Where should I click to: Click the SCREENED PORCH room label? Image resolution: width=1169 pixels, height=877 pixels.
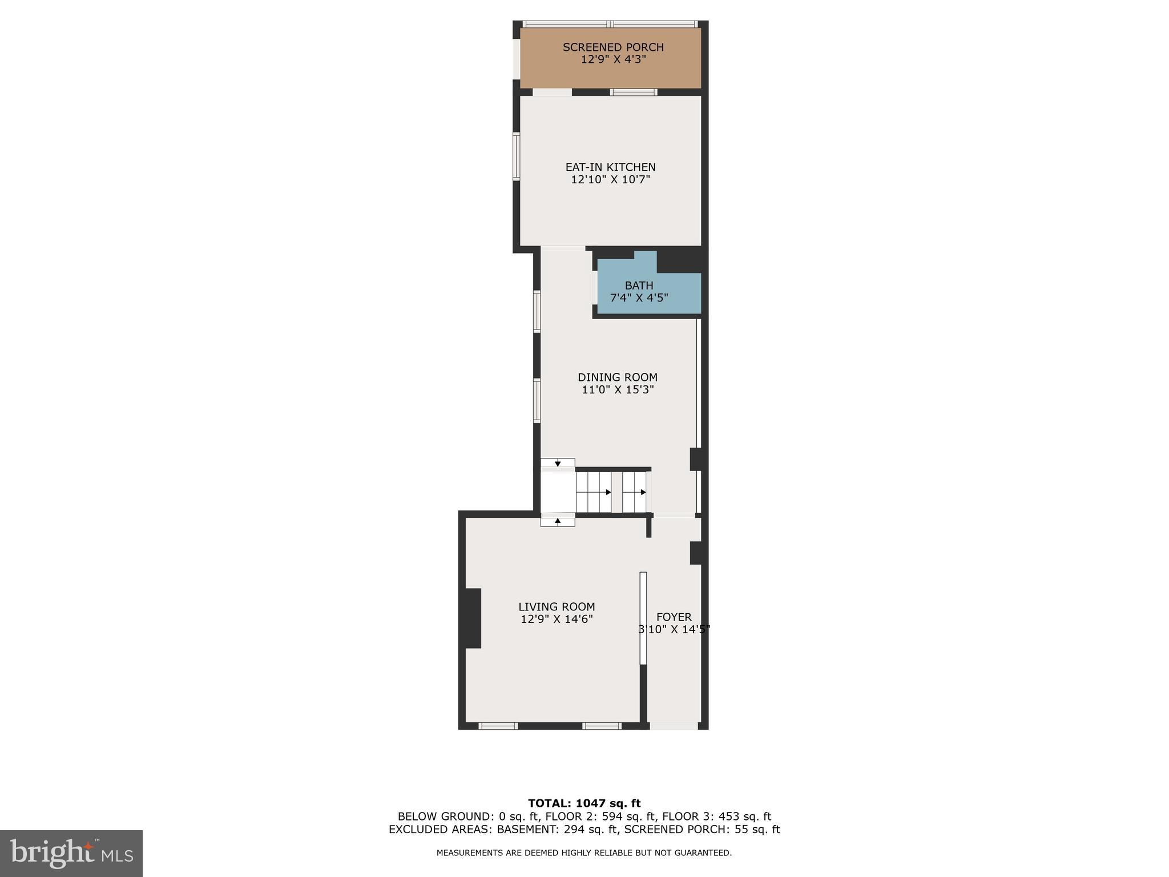[x=613, y=47]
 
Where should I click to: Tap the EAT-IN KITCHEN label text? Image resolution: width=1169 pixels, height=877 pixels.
[x=610, y=167]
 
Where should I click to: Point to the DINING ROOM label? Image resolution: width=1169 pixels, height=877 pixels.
[x=617, y=377]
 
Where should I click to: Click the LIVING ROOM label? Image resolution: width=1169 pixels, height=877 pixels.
[x=557, y=607]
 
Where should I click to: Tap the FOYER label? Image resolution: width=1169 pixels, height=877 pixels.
[x=674, y=617]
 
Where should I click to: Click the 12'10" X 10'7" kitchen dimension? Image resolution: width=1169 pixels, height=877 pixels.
[x=610, y=180]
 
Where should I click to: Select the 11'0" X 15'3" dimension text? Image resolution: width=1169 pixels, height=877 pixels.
[x=617, y=390]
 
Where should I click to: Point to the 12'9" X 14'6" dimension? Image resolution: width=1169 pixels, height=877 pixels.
[x=557, y=619]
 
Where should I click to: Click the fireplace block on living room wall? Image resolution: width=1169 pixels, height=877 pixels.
[x=473, y=618]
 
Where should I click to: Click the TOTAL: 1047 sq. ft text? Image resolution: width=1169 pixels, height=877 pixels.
[x=584, y=803]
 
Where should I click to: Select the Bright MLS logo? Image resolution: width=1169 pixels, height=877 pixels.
[x=71, y=853]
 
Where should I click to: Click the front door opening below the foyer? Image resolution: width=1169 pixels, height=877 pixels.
[x=674, y=726]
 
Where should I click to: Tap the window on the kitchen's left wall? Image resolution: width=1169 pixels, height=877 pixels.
[x=517, y=156]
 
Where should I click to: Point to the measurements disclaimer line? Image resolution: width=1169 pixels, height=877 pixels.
[x=584, y=853]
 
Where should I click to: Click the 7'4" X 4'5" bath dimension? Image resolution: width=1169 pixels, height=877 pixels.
[x=639, y=298]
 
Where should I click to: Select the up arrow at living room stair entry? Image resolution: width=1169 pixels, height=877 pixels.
[x=558, y=521]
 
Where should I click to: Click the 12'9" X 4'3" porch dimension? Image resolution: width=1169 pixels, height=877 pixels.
[x=613, y=59]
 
